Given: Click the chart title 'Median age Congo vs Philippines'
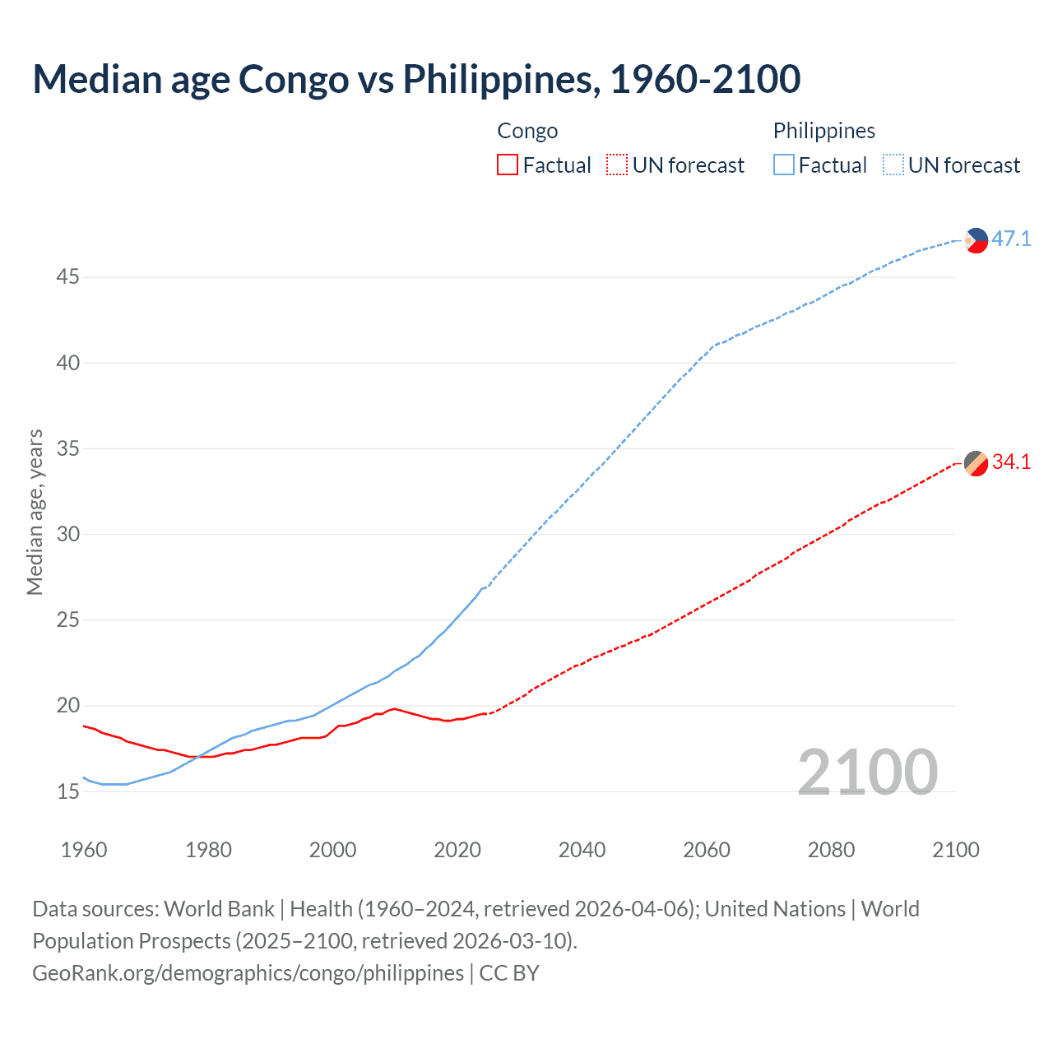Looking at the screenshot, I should coord(416,80).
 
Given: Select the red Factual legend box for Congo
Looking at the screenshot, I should coord(508,165).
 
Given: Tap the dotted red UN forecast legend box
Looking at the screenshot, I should coord(617,165).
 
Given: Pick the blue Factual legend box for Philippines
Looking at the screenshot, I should coord(783,165).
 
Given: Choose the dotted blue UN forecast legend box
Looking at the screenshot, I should coord(893,165).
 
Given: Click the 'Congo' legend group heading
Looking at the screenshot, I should coord(527,131).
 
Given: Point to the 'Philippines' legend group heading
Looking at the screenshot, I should coord(823,131).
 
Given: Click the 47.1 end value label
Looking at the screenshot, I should coord(1011,239).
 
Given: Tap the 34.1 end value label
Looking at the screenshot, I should coord(1011,462).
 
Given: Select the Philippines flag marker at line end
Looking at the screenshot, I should coord(976,240).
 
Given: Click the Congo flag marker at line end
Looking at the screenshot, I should coord(976,463).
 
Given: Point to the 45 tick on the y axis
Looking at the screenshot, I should coord(67,277).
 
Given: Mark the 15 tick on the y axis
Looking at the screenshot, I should coord(67,792).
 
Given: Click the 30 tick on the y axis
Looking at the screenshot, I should coord(67,535).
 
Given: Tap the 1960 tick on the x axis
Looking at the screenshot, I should coord(84,850).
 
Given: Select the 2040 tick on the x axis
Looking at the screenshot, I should coord(582,850).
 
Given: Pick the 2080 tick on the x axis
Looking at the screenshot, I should coord(831,850).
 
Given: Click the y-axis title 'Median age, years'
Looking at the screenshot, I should coord(35,512).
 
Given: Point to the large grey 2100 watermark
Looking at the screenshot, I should coord(867,772).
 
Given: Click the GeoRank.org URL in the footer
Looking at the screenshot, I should coord(248,973).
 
